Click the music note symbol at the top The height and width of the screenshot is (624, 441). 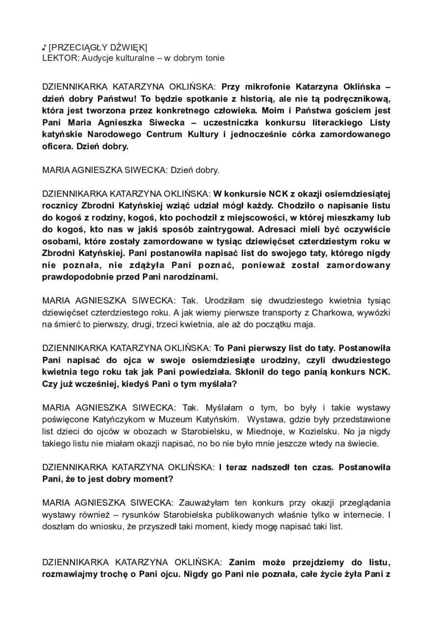click(44, 47)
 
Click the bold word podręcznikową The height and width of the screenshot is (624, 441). click(362, 97)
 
